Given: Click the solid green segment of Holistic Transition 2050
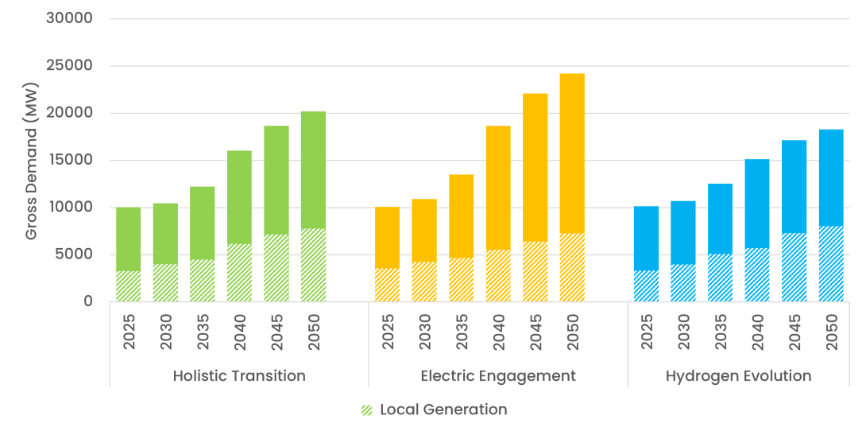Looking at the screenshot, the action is pyautogui.click(x=313, y=170).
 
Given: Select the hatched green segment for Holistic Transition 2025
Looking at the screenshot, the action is pyautogui.click(x=128, y=286).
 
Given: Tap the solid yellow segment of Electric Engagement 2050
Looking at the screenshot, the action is pyautogui.click(x=572, y=153).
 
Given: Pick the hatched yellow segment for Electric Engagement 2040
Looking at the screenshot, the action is pyautogui.click(x=498, y=276).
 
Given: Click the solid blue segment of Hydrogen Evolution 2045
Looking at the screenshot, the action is pyautogui.click(x=794, y=187).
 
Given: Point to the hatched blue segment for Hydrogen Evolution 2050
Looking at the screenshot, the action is pyautogui.click(x=831, y=264).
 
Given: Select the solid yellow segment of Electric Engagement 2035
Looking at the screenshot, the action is pyautogui.click(x=461, y=216).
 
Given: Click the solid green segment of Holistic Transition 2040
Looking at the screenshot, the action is pyautogui.click(x=239, y=197).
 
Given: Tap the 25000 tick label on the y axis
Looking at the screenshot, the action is pyautogui.click(x=69, y=66).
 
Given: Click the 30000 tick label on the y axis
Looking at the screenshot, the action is pyautogui.click(x=69, y=18).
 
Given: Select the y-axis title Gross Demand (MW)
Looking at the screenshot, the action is pyautogui.click(x=32, y=161).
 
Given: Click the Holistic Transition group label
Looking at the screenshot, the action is pyautogui.click(x=239, y=376).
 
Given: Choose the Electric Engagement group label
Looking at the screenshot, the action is pyautogui.click(x=498, y=376).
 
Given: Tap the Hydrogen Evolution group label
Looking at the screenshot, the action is pyautogui.click(x=738, y=376).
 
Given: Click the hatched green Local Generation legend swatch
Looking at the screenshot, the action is pyautogui.click(x=367, y=410).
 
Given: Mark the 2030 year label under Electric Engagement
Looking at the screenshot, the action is pyautogui.click(x=425, y=332).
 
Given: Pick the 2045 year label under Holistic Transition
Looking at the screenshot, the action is pyautogui.click(x=276, y=332).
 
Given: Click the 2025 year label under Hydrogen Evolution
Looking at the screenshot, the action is pyautogui.click(x=646, y=332).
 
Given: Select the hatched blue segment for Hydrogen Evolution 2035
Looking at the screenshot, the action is pyautogui.click(x=720, y=278).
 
